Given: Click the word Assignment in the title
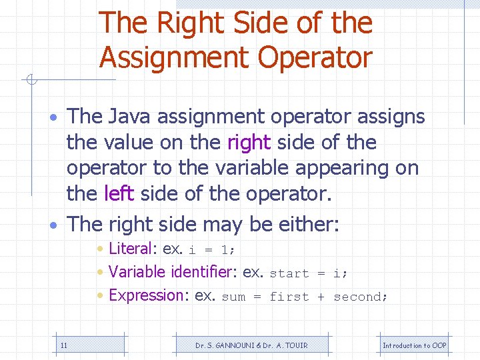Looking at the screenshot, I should [175, 57].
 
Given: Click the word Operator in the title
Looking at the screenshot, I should [315, 57].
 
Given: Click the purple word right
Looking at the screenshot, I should [249, 142].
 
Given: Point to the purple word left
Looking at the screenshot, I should [119, 193].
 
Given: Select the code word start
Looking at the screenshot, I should [289, 273].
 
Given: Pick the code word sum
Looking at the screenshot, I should [233, 297].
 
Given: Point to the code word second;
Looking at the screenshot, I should [361, 297].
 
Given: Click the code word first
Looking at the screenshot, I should [289, 297].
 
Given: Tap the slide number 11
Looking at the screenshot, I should [63, 345].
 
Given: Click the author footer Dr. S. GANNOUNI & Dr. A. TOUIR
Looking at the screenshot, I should [251, 345].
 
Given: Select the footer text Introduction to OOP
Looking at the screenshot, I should [414, 345].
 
